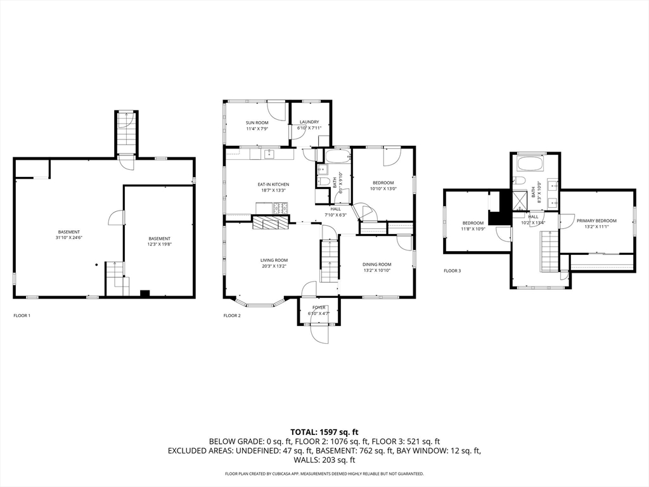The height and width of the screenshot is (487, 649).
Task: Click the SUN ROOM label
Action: click(x=257, y=122)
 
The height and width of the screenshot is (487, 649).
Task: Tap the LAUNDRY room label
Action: click(x=309, y=122)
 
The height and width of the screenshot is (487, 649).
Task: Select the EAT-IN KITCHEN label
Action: click(x=273, y=185)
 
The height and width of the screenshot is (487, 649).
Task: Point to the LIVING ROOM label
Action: click(x=274, y=260)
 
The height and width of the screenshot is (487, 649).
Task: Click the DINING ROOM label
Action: click(x=376, y=264)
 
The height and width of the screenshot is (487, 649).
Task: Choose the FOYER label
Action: click(x=318, y=308)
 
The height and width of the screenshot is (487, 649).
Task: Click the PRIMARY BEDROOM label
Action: click(x=596, y=221)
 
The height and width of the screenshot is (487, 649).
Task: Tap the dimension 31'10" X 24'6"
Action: click(x=68, y=238)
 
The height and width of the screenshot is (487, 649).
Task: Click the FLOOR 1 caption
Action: click(x=22, y=315)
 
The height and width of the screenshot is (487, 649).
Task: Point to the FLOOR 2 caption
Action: click(x=232, y=315)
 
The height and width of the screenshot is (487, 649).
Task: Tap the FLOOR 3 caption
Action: click(x=453, y=271)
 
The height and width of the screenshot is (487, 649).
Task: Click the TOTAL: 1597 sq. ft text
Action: click(x=324, y=432)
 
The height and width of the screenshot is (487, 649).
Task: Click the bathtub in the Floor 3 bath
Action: click(x=531, y=164)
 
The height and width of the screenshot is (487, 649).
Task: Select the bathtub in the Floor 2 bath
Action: click(x=337, y=156)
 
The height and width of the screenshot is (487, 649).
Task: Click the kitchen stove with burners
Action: click(x=280, y=208)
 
